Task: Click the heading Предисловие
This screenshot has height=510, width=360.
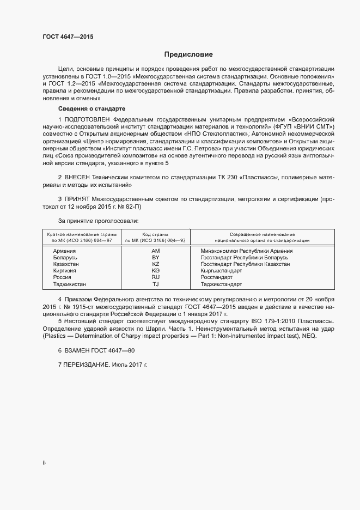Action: [x=188, y=55]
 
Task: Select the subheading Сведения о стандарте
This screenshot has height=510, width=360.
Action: [x=91, y=109]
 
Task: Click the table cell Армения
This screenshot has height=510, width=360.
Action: [x=64, y=251]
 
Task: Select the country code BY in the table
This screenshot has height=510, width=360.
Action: [x=155, y=257]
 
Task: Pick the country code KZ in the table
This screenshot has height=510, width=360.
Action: [x=155, y=264]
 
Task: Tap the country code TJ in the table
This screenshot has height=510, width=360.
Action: [x=155, y=284]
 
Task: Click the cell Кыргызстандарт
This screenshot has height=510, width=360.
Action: [x=221, y=270]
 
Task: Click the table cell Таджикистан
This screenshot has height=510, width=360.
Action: [x=70, y=284]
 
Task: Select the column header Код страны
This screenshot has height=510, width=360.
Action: [x=155, y=234]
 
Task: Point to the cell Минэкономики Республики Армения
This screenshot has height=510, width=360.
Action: [x=246, y=251]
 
